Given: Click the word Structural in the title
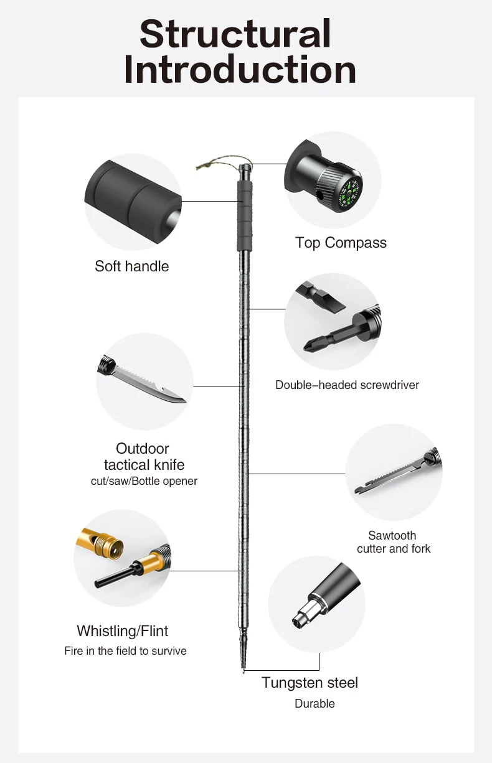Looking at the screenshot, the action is (x=235, y=34).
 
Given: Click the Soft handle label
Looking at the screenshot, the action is (x=132, y=266).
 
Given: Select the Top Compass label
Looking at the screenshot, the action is (x=341, y=243).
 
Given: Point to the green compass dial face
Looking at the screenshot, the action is (x=349, y=194).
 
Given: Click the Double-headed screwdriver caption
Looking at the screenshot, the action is (x=347, y=385).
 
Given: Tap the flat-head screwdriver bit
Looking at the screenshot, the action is (x=320, y=297).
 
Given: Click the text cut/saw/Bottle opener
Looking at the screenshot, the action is (x=144, y=481).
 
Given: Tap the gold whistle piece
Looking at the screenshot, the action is (x=100, y=541).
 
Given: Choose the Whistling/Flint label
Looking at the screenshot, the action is (x=123, y=631).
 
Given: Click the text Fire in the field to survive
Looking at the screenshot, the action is (x=125, y=651).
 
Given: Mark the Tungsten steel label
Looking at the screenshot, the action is (x=310, y=682).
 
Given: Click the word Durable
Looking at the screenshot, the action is (x=315, y=703).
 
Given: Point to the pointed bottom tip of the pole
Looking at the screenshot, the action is (x=244, y=672).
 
